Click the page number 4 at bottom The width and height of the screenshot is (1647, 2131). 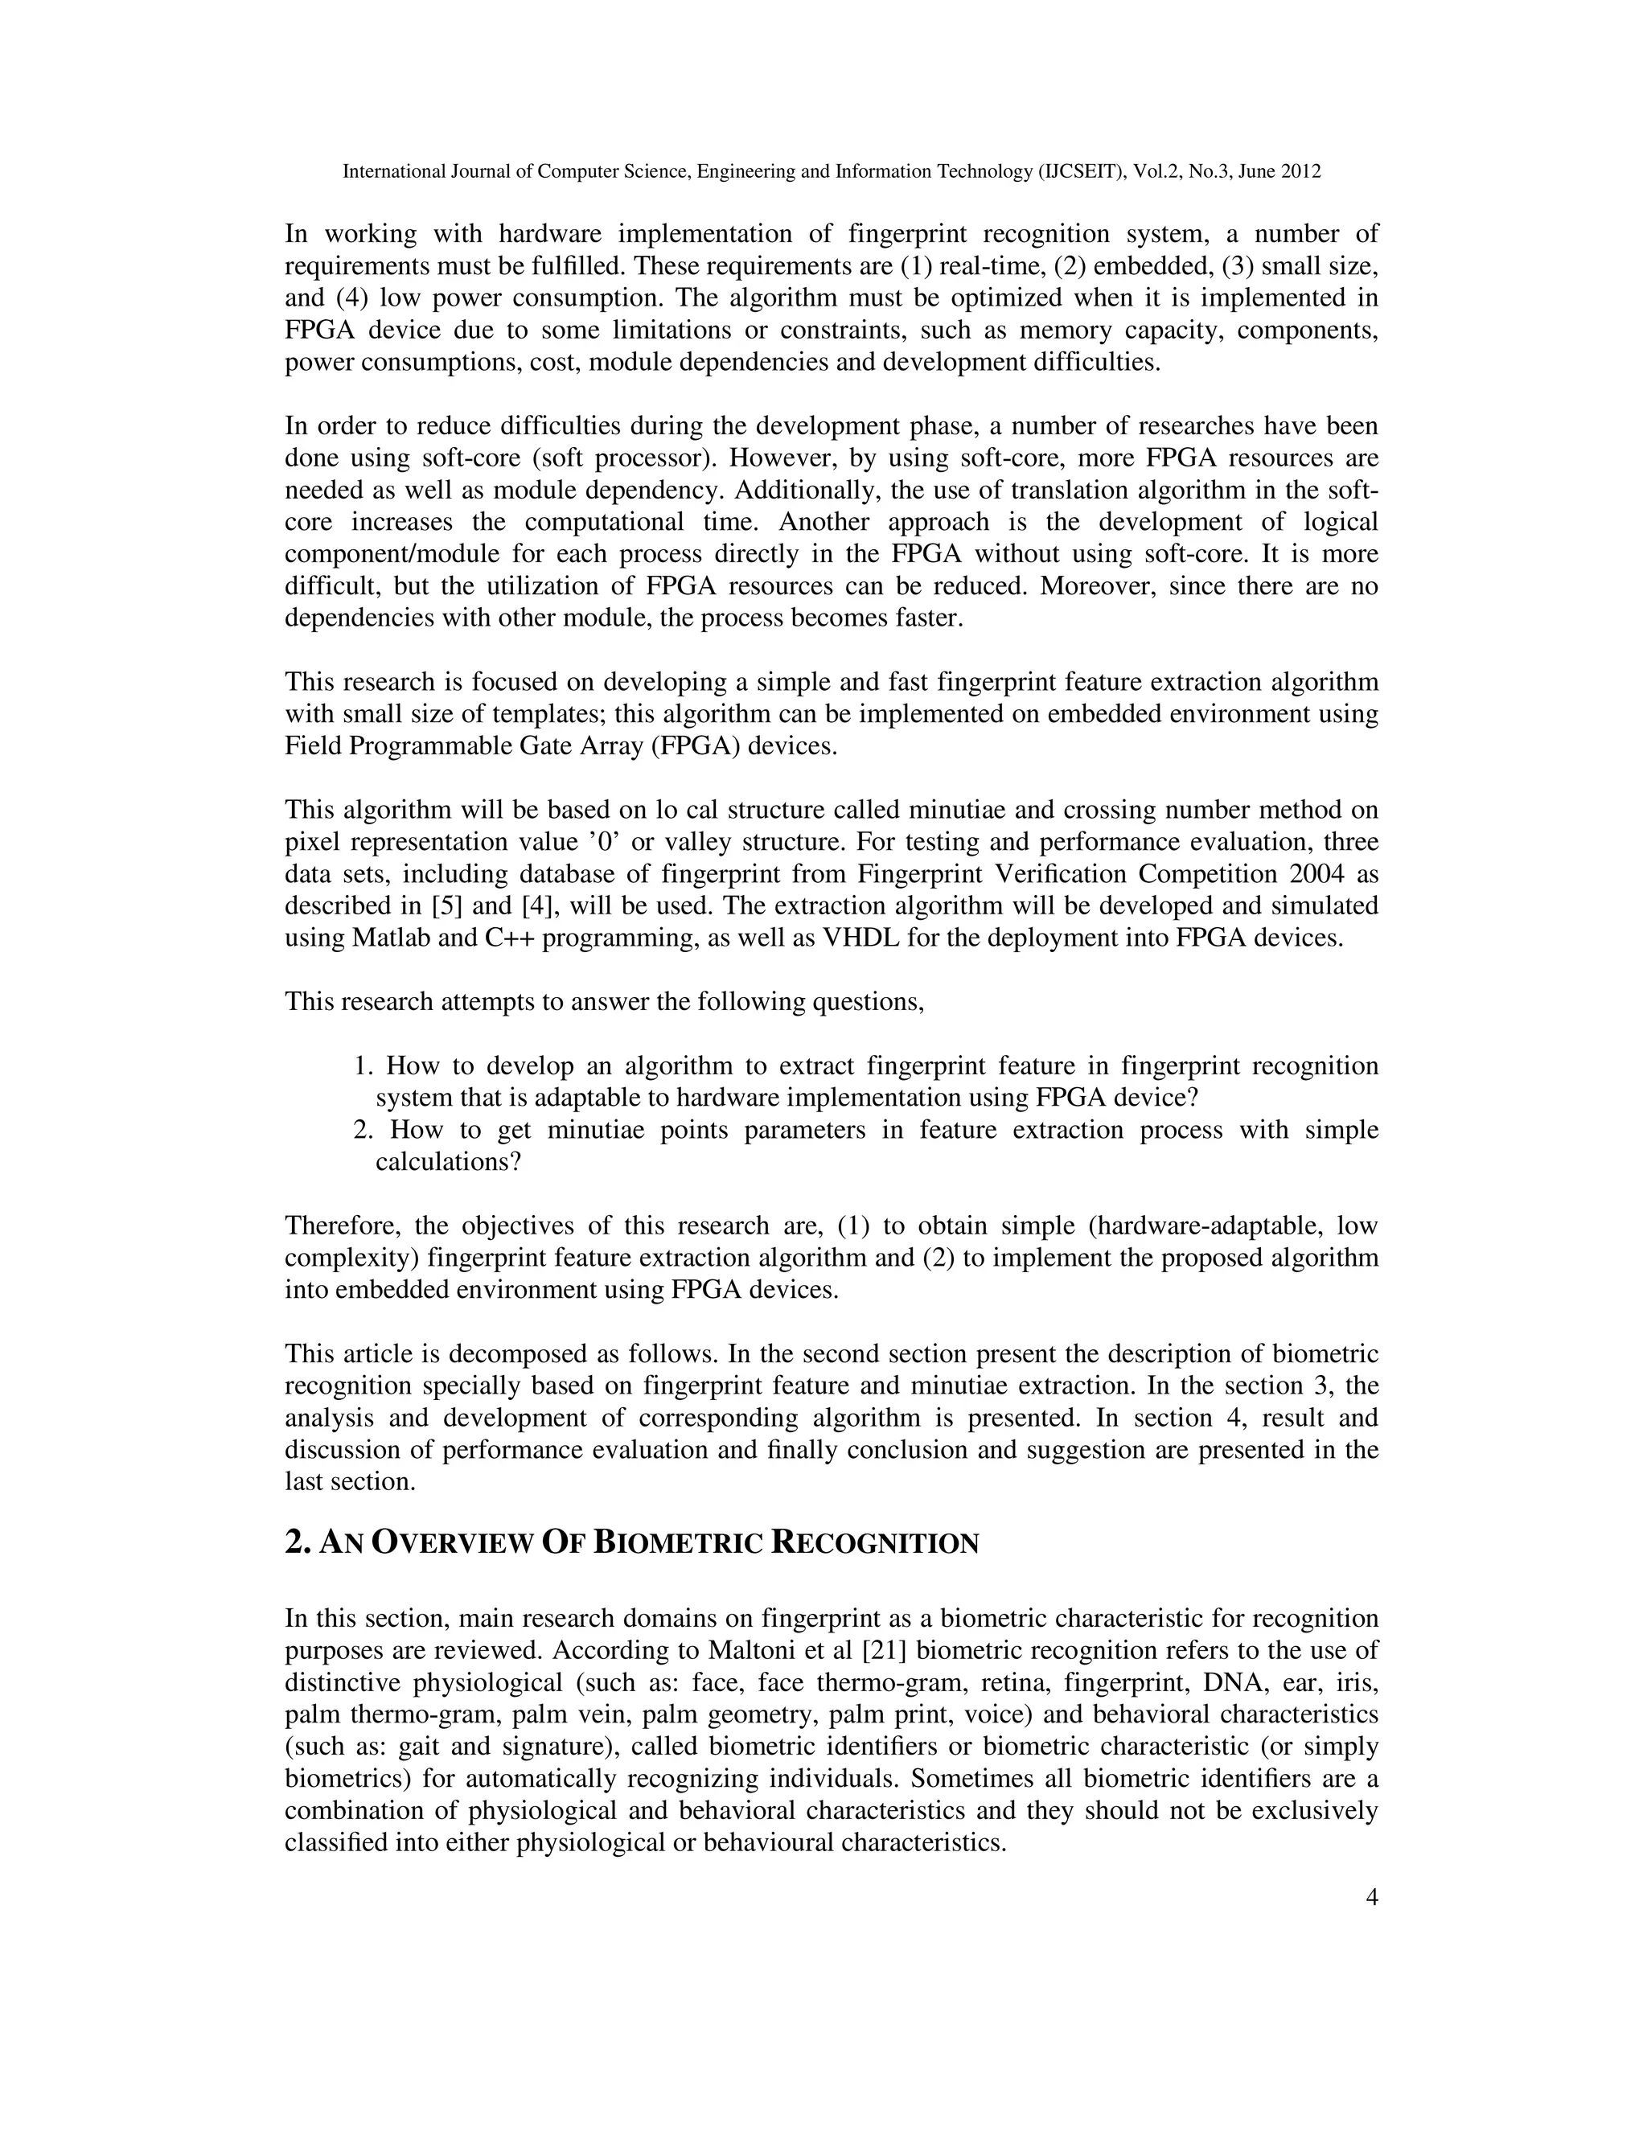(x=1372, y=1898)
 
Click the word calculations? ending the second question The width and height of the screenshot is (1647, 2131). (x=448, y=1163)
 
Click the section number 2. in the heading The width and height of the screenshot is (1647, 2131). (x=298, y=1545)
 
